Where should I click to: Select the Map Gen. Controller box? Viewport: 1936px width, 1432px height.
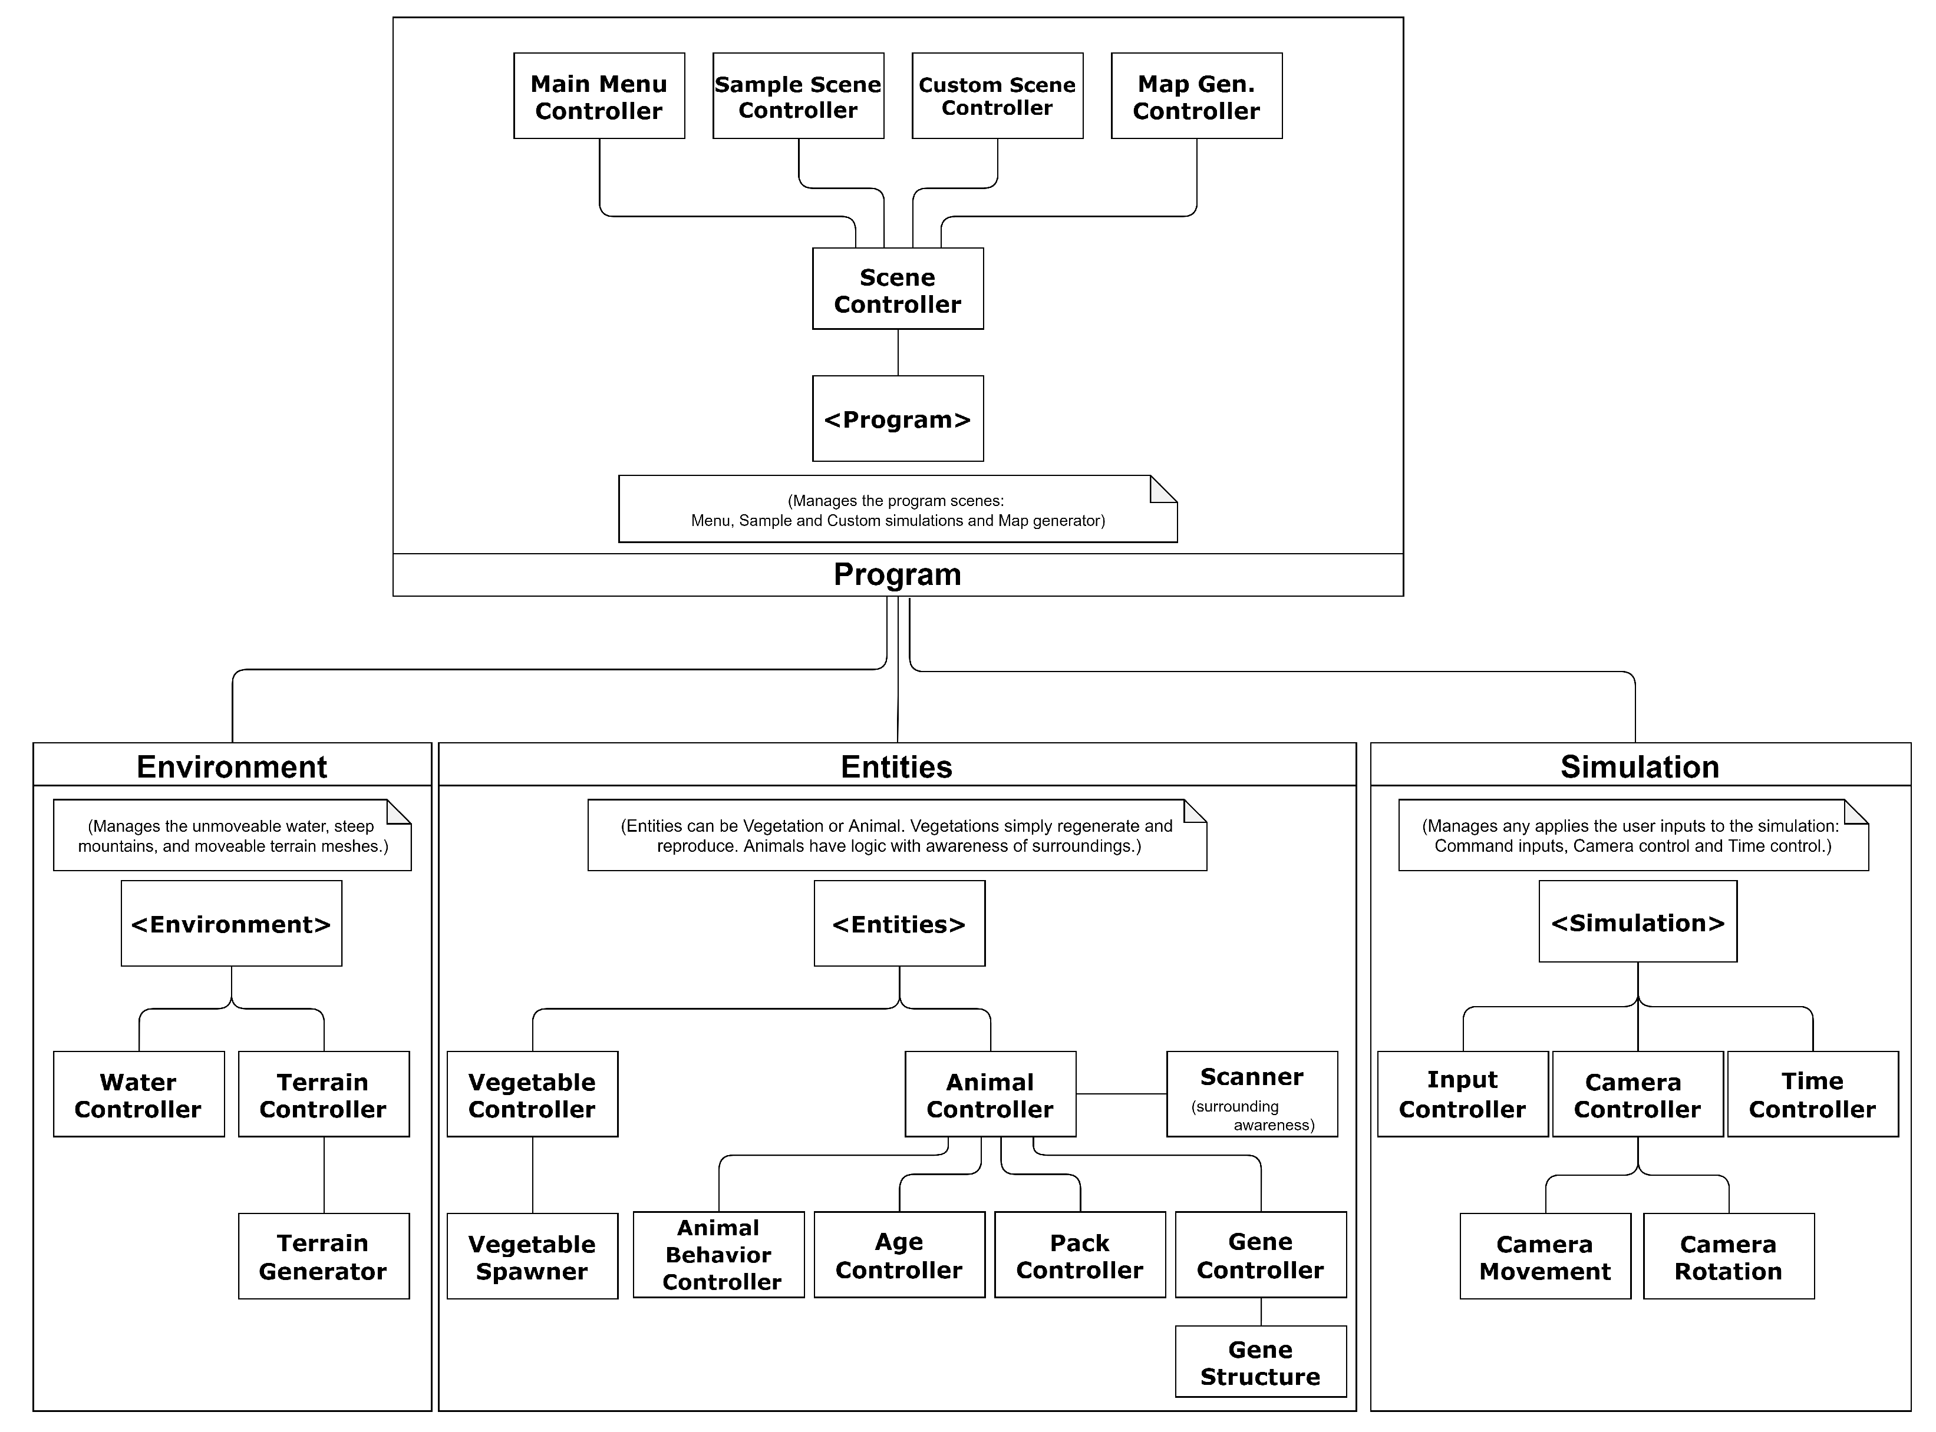[1196, 96]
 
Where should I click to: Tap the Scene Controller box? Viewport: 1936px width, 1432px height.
[898, 289]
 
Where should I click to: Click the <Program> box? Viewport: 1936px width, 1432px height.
[898, 419]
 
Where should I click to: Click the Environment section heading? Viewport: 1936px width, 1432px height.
[232, 766]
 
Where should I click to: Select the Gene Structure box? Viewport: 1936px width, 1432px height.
[1260, 1362]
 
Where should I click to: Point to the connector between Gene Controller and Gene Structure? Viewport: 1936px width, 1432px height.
[1261, 1311]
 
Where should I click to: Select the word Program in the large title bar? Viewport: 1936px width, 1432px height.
[898, 575]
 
